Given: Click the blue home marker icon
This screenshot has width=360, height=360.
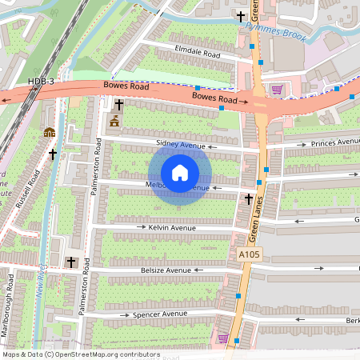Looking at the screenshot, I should [x=179, y=172].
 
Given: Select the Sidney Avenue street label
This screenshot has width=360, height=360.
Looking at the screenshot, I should [x=180, y=145].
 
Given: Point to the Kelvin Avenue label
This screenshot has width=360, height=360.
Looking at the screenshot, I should [x=172, y=228].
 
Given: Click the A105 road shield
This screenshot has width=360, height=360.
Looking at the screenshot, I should [x=249, y=254].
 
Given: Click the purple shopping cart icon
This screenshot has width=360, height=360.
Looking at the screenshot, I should [x=277, y=90].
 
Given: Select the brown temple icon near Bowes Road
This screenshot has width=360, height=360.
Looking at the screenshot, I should [x=114, y=121].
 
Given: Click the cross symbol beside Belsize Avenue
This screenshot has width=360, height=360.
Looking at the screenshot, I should [x=70, y=262].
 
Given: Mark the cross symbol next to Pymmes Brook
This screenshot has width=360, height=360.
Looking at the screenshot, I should [x=239, y=16].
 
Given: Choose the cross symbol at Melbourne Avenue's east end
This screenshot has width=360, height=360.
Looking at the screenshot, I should [x=248, y=198].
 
